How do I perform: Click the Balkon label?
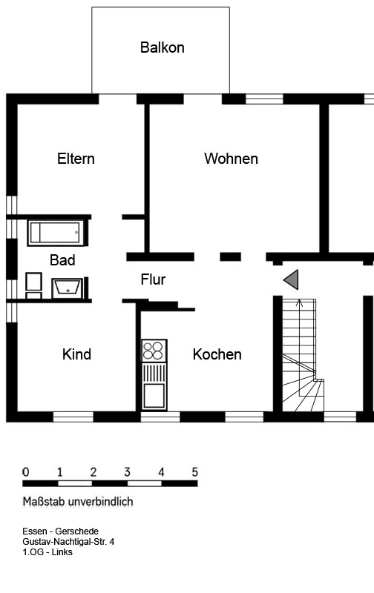(162, 47)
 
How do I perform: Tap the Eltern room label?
(76, 159)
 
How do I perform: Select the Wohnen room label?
(231, 159)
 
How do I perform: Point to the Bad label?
(62, 260)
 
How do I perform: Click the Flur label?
(153, 279)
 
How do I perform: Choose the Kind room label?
(76, 354)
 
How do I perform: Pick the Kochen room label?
(217, 354)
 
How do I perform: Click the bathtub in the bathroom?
(55, 233)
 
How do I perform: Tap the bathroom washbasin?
(67, 288)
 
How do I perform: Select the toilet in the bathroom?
(33, 286)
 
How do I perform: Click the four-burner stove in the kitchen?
(154, 351)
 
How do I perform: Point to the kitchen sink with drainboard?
(154, 386)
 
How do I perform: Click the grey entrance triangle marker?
(291, 279)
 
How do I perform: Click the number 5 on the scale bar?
(194, 472)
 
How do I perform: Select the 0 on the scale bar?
(26, 472)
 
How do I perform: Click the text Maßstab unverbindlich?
(78, 502)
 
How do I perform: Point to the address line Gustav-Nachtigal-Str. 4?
(68, 542)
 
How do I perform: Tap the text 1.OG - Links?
(47, 551)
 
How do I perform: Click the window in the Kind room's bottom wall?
(73, 417)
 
